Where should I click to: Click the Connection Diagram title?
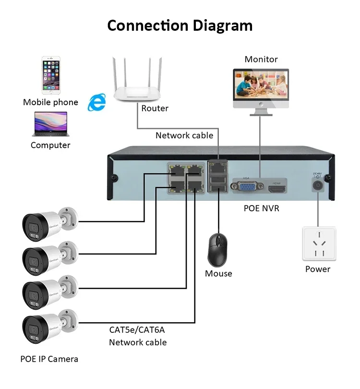click(x=180, y=25)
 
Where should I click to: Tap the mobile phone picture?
click(x=50, y=76)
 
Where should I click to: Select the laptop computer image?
click(x=50, y=124)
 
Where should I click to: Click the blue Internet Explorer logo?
click(x=97, y=102)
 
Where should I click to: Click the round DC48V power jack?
click(x=317, y=184)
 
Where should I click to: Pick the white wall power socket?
click(x=319, y=244)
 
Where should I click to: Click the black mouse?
click(x=218, y=250)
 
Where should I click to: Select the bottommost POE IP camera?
click(x=48, y=326)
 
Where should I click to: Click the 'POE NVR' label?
click(x=262, y=208)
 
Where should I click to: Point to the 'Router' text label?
click(x=155, y=109)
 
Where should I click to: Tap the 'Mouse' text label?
click(x=218, y=274)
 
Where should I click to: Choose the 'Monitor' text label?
click(x=261, y=60)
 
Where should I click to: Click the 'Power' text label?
click(x=318, y=269)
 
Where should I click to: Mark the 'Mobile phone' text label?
click(x=50, y=102)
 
